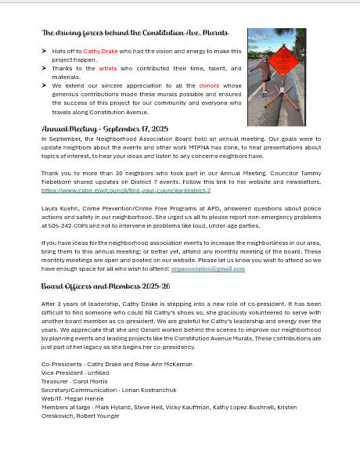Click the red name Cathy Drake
(x=100, y=51)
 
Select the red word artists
(x=107, y=68)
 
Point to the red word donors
(x=209, y=85)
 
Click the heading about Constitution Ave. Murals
(x=135, y=33)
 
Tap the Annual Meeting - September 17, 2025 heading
(x=105, y=128)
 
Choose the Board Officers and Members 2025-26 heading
(x=106, y=286)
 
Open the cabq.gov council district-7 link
(x=125, y=190)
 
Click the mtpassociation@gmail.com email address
(x=207, y=268)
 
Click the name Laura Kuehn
(x=60, y=208)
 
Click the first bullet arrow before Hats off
(x=44, y=51)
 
